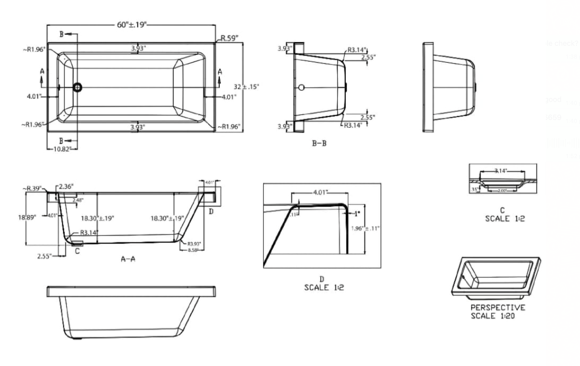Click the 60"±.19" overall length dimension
coord(131,25)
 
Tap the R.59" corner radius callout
coord(229,38)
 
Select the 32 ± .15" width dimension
coord(246,87)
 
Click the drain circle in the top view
coord(77,88)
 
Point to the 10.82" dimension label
coord(62,149)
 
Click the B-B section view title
coord(319,143)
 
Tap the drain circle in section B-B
coord(301,88)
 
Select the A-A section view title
coord(128,259)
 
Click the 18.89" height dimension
coord(27,217)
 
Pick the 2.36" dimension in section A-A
coord(66,186)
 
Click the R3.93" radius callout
coord(194,244)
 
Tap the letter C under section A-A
coord(77,251)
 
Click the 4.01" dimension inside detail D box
coord(320,192)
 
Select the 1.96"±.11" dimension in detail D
coord(365,228)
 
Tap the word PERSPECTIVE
coord(498,308)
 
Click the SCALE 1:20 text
coord(493,316)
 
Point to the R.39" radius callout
coord(34,188)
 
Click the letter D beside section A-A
coord(211,212)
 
